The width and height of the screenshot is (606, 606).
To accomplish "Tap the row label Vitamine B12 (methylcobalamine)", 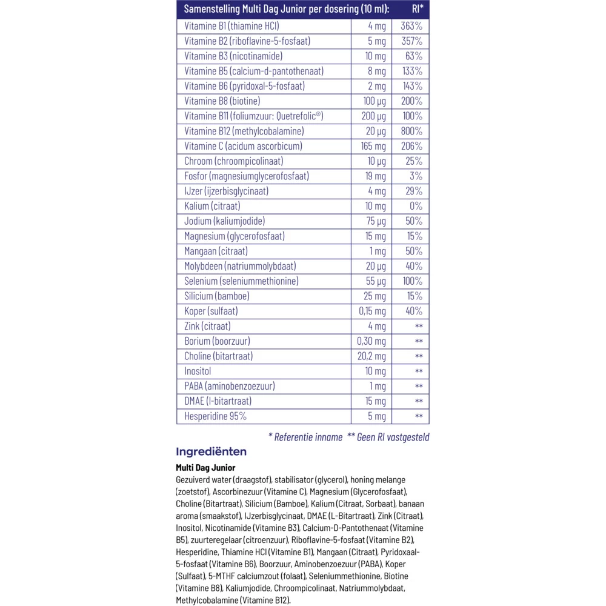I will coord(244,131).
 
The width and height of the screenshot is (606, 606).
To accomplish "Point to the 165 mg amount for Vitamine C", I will coord(372,146).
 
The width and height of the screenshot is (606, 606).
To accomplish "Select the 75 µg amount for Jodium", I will coord(375,221).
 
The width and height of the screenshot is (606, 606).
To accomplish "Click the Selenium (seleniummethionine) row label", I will coord(241,281).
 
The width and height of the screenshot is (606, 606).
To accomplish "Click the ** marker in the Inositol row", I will coord(418,371).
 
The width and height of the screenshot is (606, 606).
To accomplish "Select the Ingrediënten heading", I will coord(211,451).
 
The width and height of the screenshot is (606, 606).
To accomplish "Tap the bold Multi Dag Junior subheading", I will coord(205,467).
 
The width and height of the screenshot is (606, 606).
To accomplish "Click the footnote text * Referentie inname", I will coord(305,436).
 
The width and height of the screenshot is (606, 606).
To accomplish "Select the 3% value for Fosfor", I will coord(416,176).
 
